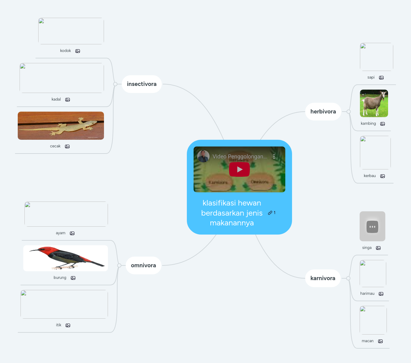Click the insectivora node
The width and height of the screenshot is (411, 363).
click(x=142, y=84)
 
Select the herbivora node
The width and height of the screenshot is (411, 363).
click(x=323, y=112)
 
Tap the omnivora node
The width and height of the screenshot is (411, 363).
click(x=143, y=265)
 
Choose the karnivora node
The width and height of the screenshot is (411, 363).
click(x=323, y=278)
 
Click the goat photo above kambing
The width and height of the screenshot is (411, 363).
click(x=374, y=103)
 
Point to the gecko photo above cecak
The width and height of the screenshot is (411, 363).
click(x=61, y=126)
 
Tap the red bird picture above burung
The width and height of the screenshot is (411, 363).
click(x=65, y=258)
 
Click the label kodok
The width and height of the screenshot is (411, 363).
click(x=65, y=51)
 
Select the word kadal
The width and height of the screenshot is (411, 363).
click(x=56, y=99)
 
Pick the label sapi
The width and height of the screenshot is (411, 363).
click(x=371, y=77)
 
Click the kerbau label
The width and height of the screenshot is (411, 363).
click(x=370, y=176)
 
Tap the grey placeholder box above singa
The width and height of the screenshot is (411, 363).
click(x=372, y=226)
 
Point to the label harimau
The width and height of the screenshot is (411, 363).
click(x=367, y=294)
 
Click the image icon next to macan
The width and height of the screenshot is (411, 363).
click(x=380, y=341)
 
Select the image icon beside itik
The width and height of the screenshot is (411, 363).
click(x=68, y=325)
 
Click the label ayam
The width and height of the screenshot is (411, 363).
click(x=61, y=233)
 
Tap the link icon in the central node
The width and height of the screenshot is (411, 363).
click(x=270, y=213)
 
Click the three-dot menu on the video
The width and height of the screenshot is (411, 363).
click(x=274, y=157)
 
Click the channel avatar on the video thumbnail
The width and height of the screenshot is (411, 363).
click(x=203, y=156)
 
